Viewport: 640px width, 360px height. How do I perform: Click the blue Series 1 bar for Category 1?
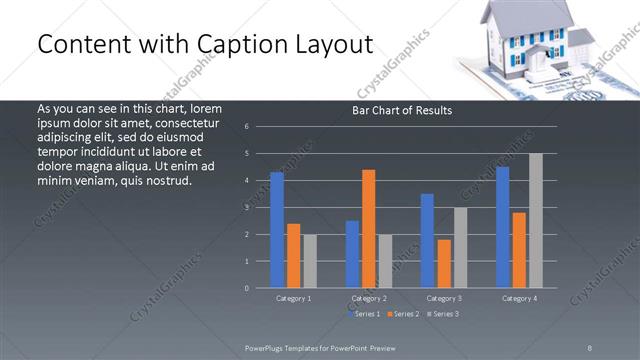tap(277, 230)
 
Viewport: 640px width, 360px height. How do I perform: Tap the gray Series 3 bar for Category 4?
tap(535, 220)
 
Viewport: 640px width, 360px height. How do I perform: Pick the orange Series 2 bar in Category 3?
tap(443, 263)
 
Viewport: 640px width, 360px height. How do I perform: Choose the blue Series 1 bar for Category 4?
tap(502, 227)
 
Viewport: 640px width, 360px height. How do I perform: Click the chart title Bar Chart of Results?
tap(403, 110)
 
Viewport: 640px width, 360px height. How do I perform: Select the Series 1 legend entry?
tap(364, 314)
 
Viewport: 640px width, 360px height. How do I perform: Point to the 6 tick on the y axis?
tap(246, 127)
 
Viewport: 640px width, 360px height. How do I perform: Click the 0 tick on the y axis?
tap(246, 288)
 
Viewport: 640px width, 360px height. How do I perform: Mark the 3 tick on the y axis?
tap(246, 208)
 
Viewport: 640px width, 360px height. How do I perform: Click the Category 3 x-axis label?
tap(443, 298)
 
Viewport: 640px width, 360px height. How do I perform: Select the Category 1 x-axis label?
tap(293, 298)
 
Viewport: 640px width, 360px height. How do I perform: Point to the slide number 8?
tap(590, 347)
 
